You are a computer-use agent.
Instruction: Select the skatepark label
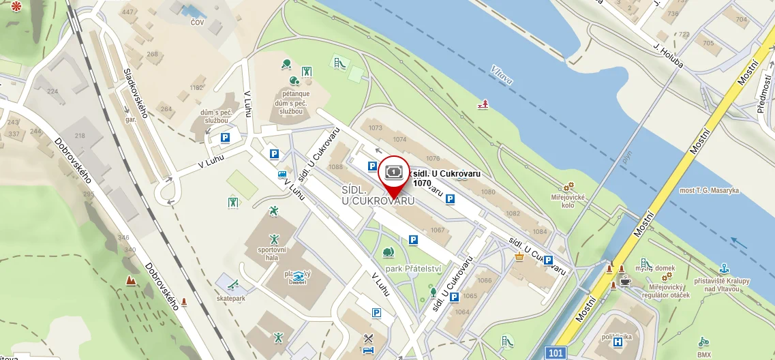(x=230, y=298)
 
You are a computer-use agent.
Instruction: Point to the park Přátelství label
(x=414, y=269)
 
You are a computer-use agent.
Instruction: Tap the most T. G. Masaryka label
(x=710, y=190)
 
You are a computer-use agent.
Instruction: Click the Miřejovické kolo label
(x=568, y=201)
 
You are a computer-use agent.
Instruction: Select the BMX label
(x=704, y=354)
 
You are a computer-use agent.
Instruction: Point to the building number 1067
(x=437, y=230)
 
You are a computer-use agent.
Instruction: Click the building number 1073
(x=376, y=127)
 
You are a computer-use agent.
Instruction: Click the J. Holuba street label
(x=667, y=59)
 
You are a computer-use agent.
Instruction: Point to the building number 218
(x=80, y=136)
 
